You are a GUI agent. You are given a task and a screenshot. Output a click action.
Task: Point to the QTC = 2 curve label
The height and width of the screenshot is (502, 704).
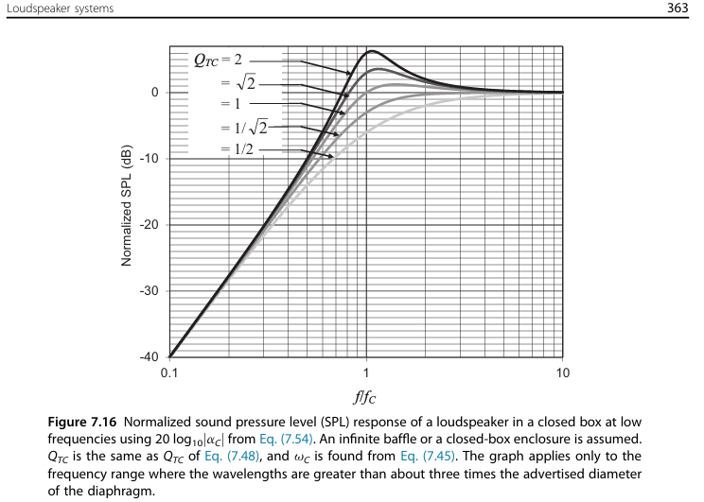pyautogui.click(x=219, y=60)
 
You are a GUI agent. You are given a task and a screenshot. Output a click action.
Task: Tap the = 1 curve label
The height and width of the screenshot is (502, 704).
pyautogui.click(x=232, y=104)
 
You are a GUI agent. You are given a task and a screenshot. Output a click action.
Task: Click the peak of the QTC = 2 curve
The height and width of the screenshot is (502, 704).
pyautogui.click(x=372, y=51)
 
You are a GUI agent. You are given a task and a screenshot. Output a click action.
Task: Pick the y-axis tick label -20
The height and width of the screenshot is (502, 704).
pyautogui.click(x=147, y=224)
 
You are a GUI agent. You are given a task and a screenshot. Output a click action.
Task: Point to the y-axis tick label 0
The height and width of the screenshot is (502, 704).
pyautogui.click(x=154, y=92)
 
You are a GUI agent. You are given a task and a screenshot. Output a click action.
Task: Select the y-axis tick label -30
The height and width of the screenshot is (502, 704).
pyautogui.click(x=147, y=290)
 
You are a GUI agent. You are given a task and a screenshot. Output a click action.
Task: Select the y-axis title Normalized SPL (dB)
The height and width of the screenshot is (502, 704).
pyautogui.click(x=126, y=205)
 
